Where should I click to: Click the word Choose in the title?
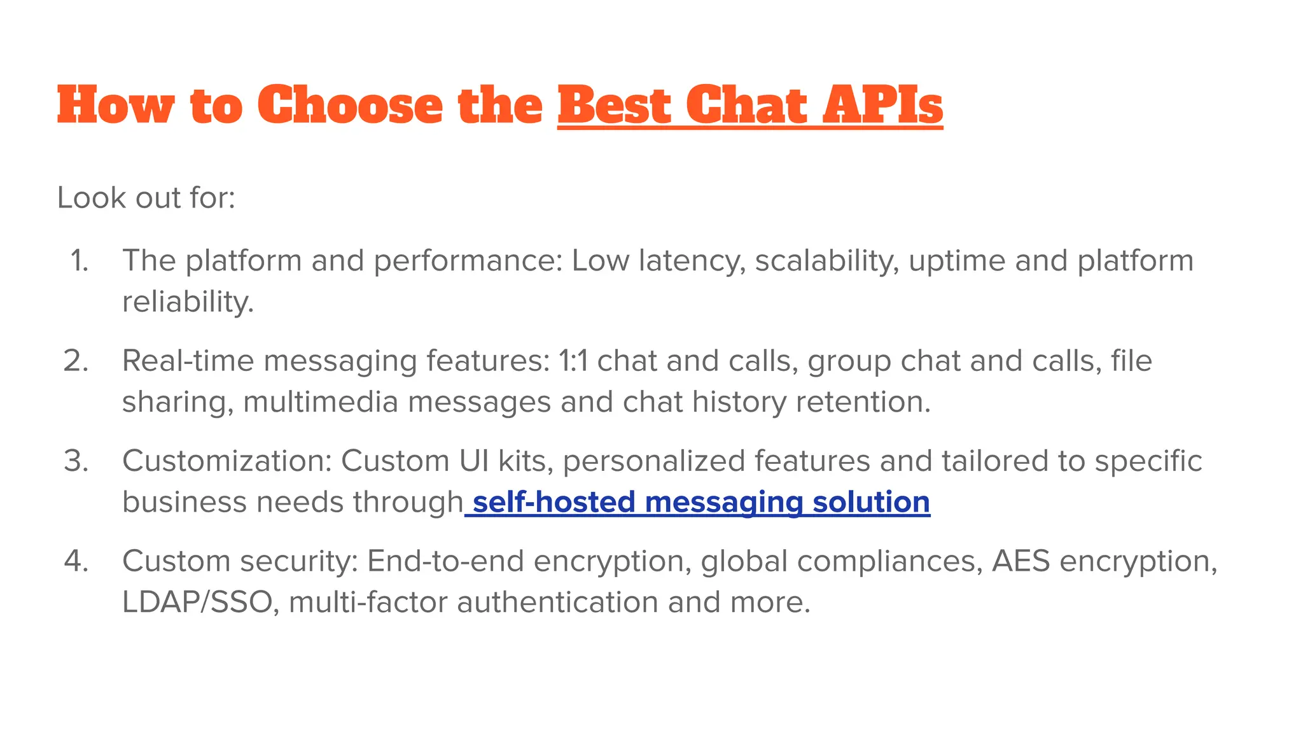point(350,105)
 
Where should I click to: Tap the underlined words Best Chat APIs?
point(749,105)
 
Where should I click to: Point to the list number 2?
point(76,361)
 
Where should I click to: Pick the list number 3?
point(76,461)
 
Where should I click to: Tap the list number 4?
point(76,561)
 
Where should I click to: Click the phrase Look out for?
point(146,198)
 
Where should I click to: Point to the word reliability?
point(188,302)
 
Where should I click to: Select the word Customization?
point(227,461)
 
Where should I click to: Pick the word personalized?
point(653,461)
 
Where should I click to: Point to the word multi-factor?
point(368,602)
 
